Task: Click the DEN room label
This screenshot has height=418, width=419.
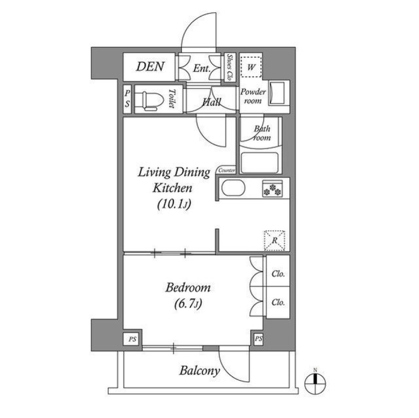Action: click(150, 67)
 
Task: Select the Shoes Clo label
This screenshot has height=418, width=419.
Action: click(229, 68)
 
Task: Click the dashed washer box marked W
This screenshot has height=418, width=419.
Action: click(251, 68)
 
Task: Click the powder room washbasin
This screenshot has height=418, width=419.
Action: click(276, 93)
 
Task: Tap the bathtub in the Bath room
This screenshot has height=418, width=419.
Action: click(260, 163)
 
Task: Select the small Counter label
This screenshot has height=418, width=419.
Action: click(227, 170)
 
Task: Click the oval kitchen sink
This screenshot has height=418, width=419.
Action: click(233, 189)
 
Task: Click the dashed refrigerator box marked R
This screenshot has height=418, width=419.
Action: click(274, 240)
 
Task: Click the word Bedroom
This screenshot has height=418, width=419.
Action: click(188, 288)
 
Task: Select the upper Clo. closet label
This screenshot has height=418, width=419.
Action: click(278, 274)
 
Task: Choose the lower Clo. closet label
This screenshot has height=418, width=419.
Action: click(278, 302)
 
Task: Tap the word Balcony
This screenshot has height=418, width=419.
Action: click(199, 371)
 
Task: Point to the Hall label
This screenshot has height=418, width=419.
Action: click(212, 102)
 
